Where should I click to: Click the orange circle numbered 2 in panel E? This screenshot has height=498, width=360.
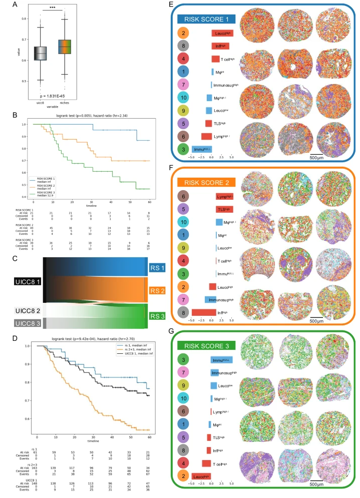(x=184, y=33)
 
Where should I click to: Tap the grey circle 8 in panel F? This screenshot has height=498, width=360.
(x=184, y=313)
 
